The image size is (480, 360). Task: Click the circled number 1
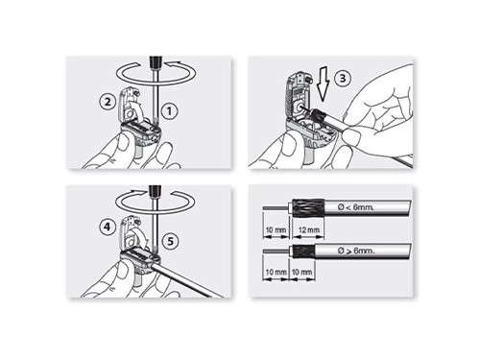click(169, 110)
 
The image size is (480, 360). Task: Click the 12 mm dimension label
click(311, 231)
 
